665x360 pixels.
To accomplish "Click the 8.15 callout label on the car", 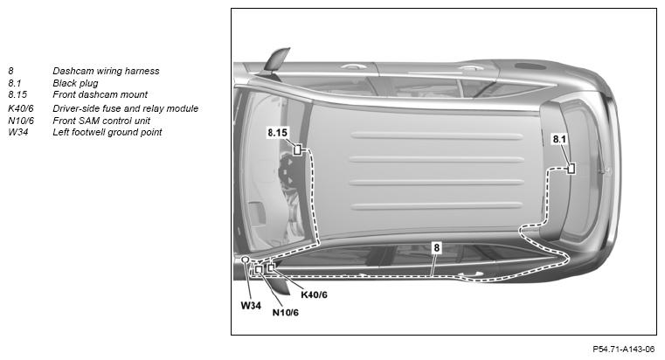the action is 277,133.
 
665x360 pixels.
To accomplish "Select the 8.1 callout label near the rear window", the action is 559,139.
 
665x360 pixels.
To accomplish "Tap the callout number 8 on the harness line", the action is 437,247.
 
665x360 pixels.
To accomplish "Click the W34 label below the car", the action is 251,305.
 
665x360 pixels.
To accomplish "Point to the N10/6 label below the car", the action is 286,313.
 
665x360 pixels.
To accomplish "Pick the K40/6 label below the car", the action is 315,294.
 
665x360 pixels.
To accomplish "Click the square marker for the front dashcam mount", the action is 298,149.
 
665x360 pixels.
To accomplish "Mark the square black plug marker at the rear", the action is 571,169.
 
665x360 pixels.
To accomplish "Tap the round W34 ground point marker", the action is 245,260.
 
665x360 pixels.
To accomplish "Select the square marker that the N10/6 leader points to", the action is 259,269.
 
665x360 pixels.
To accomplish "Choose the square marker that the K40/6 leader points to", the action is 271,267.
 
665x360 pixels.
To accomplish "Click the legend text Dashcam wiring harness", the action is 106,72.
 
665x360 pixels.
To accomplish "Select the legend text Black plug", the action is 75,83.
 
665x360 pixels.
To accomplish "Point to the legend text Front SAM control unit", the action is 101,121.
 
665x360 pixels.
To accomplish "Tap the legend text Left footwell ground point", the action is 107,132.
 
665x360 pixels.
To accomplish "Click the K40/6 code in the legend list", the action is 21,108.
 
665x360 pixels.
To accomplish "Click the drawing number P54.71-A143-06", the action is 623,350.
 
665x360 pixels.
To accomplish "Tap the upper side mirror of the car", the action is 277,59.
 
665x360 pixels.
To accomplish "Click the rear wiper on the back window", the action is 602,156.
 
